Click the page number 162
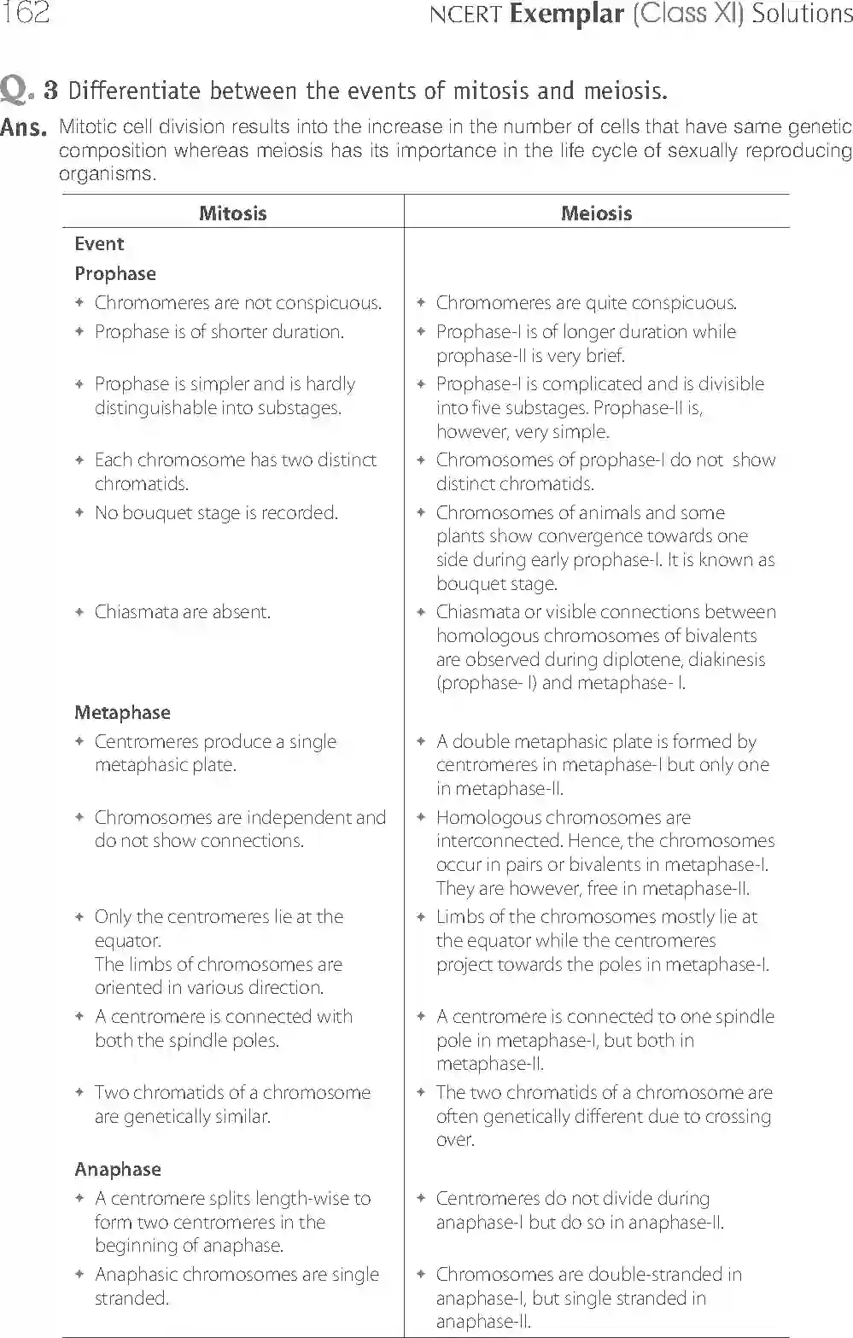(x=25, y=13)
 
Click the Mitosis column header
(x=232, y=213)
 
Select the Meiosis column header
(x=596, y=213)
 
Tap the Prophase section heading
(x=115, y=274)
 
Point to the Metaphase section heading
(x=122, y=713)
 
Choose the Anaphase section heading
(x=117, y=1170)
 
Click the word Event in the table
(x=99, y=244)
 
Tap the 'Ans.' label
(x=22, y=128)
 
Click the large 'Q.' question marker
(x=17, y=90)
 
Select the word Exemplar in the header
(x=566, y=15)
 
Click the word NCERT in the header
(x=465, y=15)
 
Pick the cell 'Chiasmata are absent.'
(x=183, y=612)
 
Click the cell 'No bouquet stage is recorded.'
(x=216, y=513)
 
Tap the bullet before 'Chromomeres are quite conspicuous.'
(x=420, y=303)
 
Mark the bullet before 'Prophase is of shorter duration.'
(x=79, y=332)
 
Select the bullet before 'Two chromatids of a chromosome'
(x=79, y=1093)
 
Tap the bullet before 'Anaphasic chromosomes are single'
(x=79, y=1275)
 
